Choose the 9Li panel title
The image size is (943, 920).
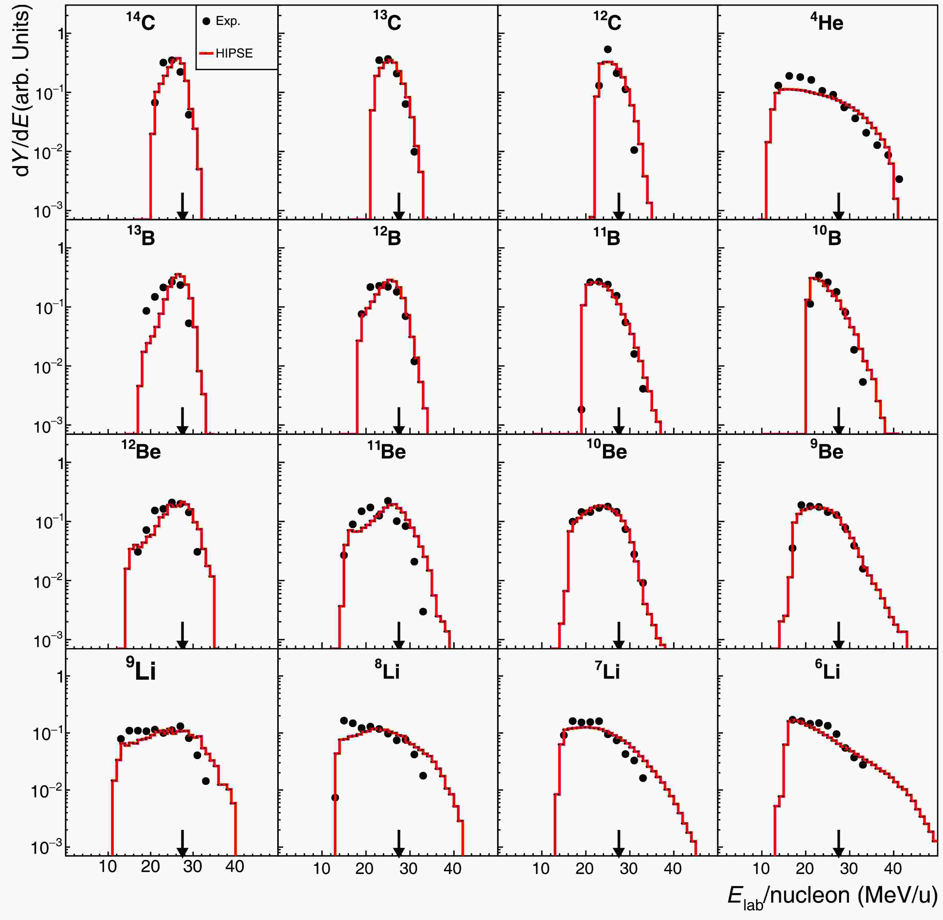(141, 670)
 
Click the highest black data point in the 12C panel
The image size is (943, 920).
(608, 49)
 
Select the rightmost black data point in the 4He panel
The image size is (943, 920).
(899, 179)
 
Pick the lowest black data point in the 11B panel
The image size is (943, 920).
(582, 409)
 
